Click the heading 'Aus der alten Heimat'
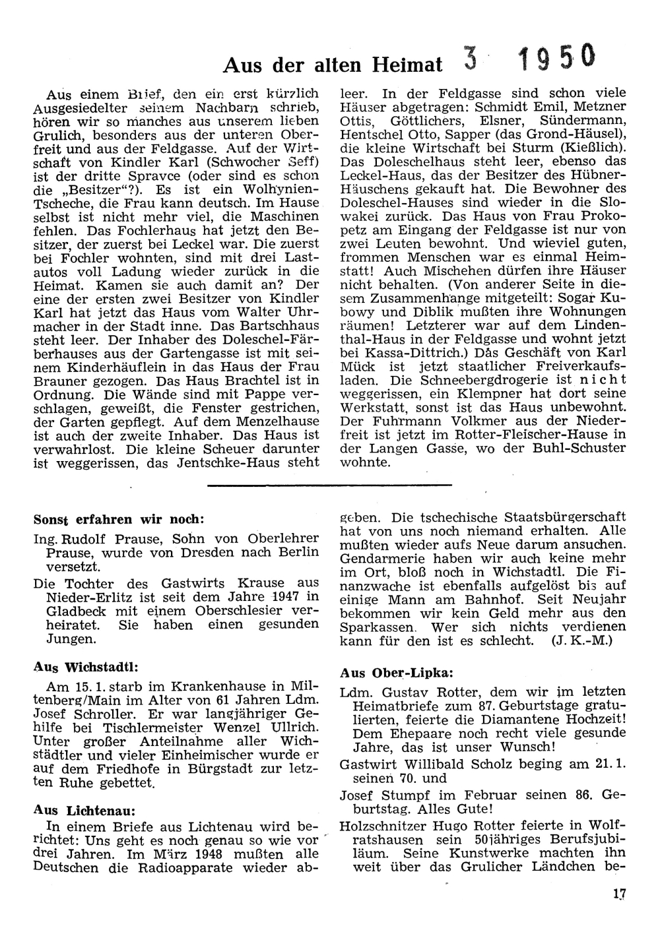tap(333, 65)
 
